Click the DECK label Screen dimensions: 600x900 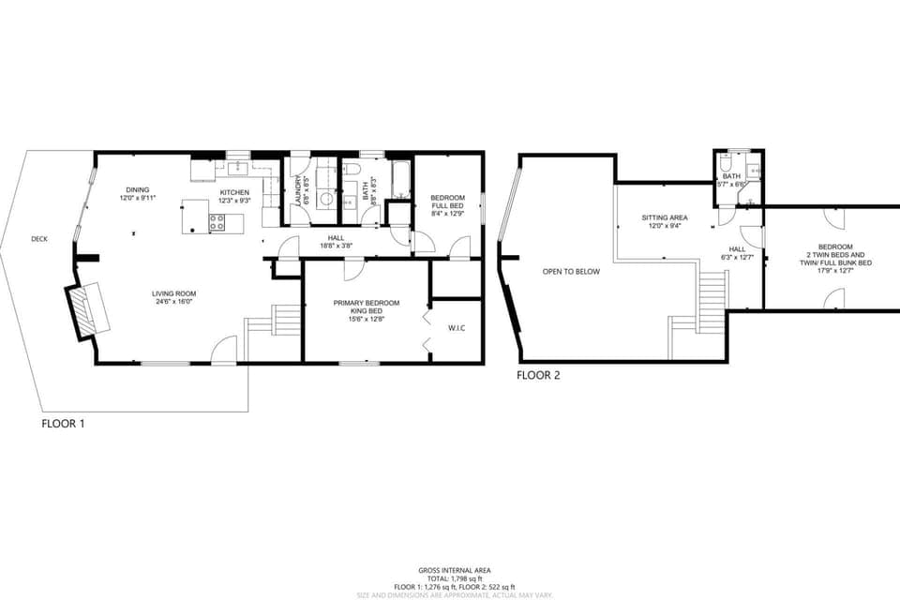39,239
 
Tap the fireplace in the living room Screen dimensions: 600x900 87,310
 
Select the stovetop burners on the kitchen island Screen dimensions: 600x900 217,223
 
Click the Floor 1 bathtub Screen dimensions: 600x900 400,180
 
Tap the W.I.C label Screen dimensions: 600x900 457,328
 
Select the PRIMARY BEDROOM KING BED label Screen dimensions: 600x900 367,307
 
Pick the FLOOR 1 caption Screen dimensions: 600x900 63,424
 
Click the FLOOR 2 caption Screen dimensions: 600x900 538,375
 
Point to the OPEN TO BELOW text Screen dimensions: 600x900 571,272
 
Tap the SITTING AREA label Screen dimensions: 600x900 665,217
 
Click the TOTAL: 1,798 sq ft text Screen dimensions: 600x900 454,578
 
